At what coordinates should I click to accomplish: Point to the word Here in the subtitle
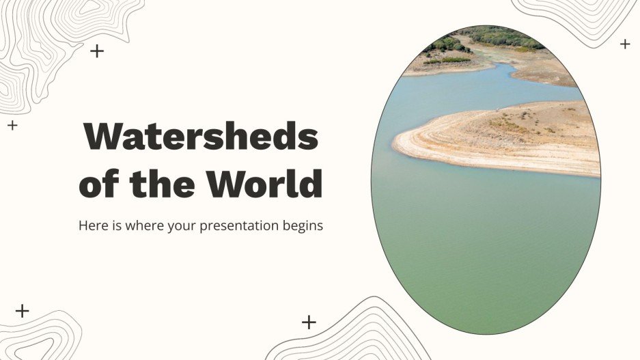pyautogui.click(x=92, y=225)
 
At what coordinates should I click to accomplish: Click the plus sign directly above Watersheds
pyautogui.click(x=98, y=51)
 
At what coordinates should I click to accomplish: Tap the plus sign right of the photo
pyautogui.click(x=624, y=44)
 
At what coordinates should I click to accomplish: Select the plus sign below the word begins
pyautogui.click(x=309, y=322)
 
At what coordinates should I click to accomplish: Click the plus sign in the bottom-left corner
pyautogui.click(x=23, y=311)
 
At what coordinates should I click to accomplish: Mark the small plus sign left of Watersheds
pyautogui.click(x=12, y=125)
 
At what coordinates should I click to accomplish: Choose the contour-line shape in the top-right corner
pyautogui.click(x=581, y=17)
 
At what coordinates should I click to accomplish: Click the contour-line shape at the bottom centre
pyautogui.click(x=362, y=335)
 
